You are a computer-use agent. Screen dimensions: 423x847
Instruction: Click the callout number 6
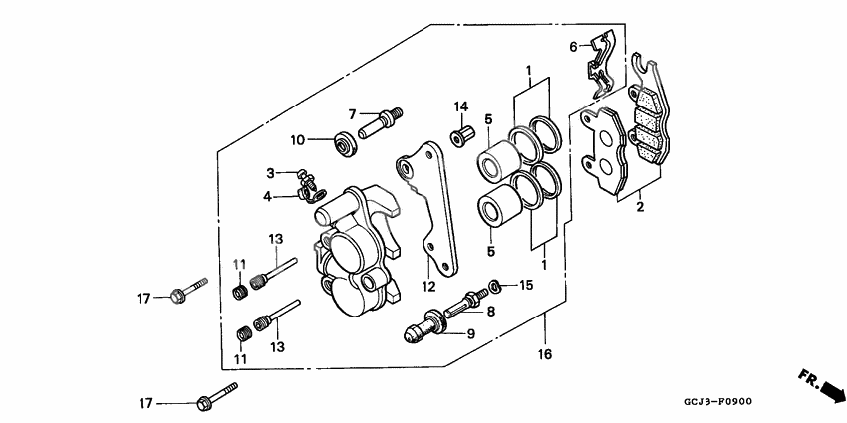click(574, 47)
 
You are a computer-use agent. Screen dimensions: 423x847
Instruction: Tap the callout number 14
click(461, 106)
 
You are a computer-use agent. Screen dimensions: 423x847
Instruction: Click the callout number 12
click(429, 288)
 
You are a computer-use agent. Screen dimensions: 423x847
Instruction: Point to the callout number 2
click(640, 207)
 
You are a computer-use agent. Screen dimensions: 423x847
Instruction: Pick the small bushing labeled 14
click(461, 134)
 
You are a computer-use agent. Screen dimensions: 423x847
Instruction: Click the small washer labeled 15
click(492, 288)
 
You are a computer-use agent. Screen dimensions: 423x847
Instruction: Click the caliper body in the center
click(354, 249)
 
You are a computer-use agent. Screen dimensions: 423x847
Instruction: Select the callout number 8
click(489, 312)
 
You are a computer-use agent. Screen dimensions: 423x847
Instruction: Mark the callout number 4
click(267, 196)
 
